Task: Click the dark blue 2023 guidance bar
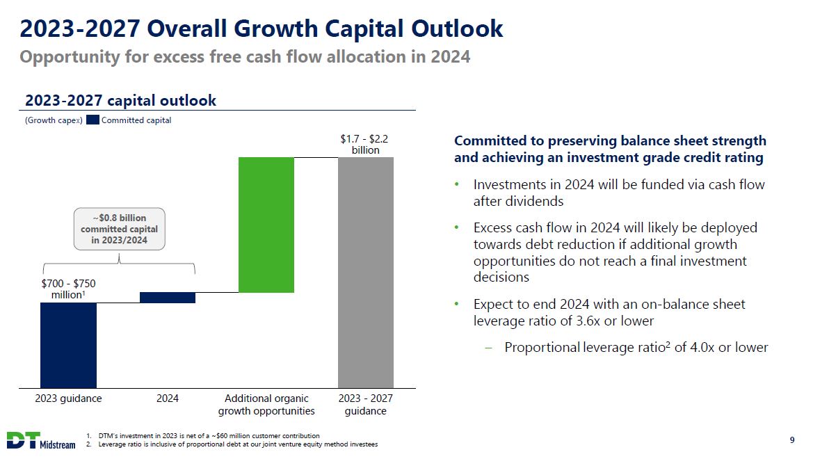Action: point(68,345)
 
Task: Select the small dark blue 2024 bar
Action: point(168,298)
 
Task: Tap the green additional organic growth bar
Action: point(266,225)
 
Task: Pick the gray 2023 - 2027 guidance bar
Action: point(366,272)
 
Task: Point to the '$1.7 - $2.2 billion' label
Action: point(365,144)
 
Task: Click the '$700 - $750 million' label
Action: point(68,289)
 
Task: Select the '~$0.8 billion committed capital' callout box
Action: point(120,229)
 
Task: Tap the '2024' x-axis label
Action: point(168,398)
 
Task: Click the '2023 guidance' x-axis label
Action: point(68,398)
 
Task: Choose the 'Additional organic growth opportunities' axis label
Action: point(266,405)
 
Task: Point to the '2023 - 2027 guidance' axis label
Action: point(366,405)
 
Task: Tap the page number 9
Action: point(793,440)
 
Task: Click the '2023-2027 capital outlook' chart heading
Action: point(120,101)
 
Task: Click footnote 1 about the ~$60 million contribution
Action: point(209,436)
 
